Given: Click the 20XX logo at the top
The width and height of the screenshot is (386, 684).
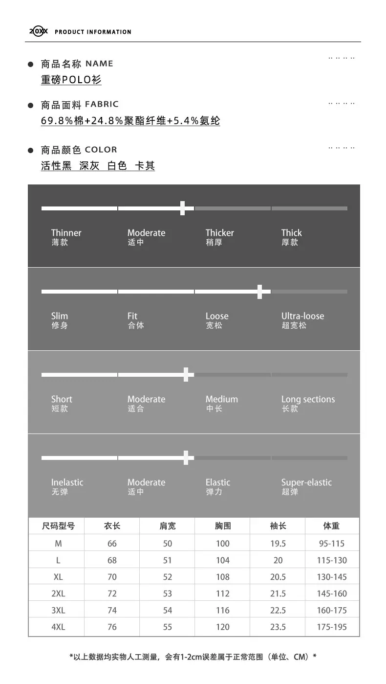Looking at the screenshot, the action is point(39,31).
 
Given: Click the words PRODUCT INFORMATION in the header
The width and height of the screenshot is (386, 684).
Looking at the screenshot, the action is point(93,32).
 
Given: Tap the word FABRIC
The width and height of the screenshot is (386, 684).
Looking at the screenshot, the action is point(102,104).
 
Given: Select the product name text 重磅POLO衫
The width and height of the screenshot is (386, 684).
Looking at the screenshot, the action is point(71,80).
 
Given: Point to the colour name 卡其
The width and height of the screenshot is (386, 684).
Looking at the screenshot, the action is point(145,165).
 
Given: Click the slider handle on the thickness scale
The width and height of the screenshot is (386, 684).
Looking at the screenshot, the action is point(183,208).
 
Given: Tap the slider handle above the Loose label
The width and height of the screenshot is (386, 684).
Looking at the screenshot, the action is point(259,292).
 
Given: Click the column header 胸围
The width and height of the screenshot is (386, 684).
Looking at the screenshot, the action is point(223,526).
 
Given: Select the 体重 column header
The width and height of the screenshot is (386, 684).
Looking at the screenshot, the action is point(331,526).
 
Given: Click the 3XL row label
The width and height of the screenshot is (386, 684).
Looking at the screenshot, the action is point(58,610).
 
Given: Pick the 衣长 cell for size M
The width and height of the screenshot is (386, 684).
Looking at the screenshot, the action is point(112,544).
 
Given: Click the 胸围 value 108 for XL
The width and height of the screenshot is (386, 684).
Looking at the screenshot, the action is point(223,577).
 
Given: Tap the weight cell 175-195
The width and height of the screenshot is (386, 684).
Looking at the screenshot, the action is point(332,627).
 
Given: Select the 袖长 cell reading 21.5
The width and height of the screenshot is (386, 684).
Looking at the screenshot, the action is point(278,593).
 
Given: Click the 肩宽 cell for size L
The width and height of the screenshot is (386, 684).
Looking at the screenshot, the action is point(168,560).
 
